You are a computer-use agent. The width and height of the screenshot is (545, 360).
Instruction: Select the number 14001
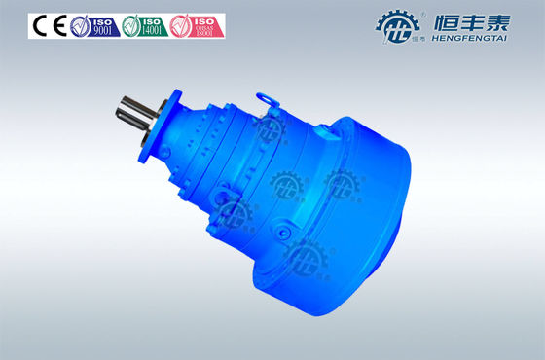(x=152, y=31)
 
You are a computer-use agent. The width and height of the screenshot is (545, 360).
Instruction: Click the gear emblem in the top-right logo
(x=397, y=26)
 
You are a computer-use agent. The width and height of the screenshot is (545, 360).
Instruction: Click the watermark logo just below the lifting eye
(x=270, y=127)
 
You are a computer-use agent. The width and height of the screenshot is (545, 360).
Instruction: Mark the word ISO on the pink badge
(x=204, y=20)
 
